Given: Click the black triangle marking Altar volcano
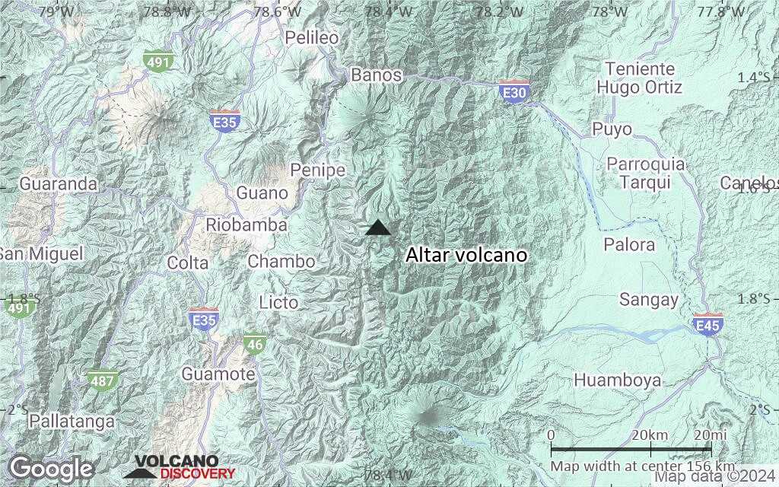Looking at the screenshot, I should (378, 228).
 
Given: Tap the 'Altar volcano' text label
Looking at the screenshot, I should (466, 255).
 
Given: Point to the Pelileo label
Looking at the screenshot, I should (311, 37).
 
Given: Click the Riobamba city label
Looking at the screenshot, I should (246, 225).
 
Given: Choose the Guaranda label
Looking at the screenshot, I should (59, 184).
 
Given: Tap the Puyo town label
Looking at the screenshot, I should (612, 129).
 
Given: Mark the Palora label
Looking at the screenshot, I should (629, 244).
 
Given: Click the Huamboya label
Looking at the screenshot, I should (617, 380).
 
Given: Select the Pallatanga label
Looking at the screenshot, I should (72, 421).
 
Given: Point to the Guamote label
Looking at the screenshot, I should (218, 374).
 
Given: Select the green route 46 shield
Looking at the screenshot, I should (255, 345).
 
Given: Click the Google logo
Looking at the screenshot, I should (52, 468).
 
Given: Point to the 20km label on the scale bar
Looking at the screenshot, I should (649, 434).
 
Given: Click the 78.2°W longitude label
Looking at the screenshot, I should (499, 11).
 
